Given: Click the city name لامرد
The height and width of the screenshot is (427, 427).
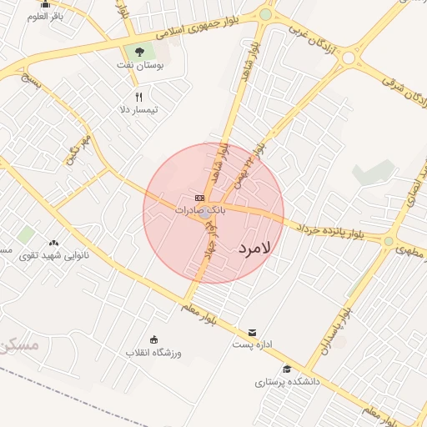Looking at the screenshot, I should [x=255, y=249].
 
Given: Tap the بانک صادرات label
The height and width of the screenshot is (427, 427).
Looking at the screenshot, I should [x=200, y=210].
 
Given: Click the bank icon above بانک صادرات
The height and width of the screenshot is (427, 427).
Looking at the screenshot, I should [x=200, y=198].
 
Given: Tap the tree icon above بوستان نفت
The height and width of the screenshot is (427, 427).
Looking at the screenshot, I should [x=139, y=53].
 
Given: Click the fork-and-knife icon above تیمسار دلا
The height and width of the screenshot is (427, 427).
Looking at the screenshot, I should [x=138, y=97].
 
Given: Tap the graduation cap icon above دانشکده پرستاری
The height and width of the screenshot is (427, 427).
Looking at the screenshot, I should [x=287, y=369].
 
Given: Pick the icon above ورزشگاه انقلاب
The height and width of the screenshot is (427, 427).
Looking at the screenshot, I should [x=154, y=339].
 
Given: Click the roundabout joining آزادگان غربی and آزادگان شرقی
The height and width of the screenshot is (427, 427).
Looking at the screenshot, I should [x=349, y=57].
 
